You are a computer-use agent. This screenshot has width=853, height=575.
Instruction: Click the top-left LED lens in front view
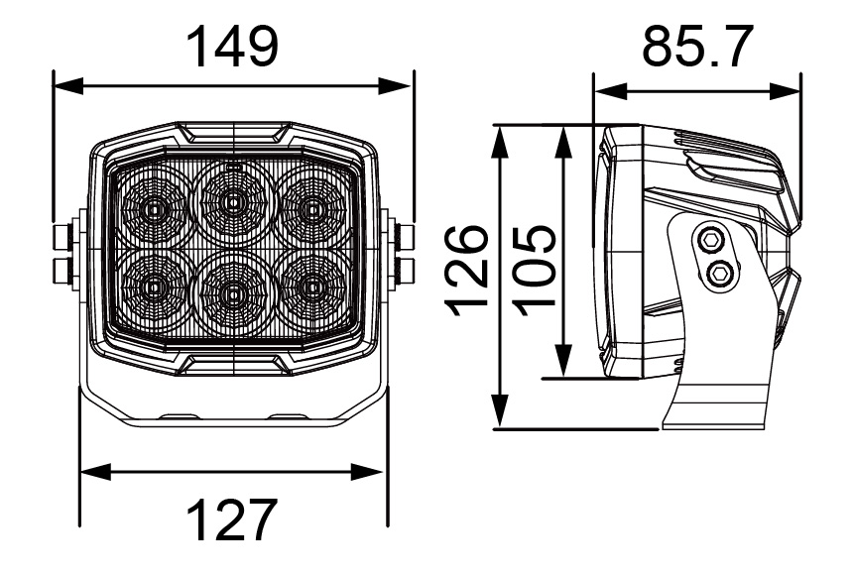coord(154,208)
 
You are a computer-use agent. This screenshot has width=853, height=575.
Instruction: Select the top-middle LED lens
coord(233,203)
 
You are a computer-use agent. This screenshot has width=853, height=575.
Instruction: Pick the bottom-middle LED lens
coord(233,292)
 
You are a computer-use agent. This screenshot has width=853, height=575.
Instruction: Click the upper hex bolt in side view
coord(709,239)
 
